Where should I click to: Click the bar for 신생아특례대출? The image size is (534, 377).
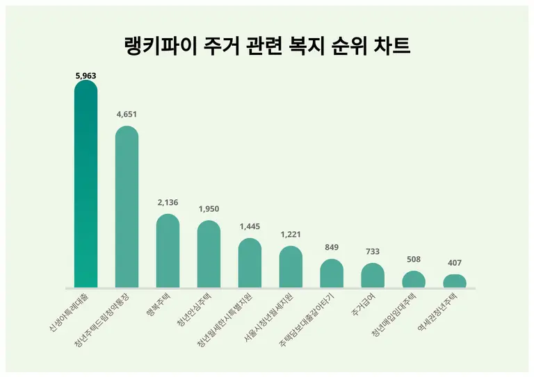[86, 184]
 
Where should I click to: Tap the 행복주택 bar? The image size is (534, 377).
[168, 251]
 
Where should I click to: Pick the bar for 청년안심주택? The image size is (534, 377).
[209, 254]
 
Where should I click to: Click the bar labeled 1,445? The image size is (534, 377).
[250, 263]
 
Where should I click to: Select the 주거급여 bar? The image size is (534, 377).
[373, 276]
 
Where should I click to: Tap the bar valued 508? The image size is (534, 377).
[414, 279]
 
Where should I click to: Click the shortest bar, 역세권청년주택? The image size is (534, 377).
[455, 281]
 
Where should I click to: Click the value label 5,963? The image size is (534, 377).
[86, 74]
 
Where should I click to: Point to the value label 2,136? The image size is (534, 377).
[168, 203]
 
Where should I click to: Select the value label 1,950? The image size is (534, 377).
[209, 209]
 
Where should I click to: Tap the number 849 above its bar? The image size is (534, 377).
[332, 248]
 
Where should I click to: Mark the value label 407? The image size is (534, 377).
[455, 263]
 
